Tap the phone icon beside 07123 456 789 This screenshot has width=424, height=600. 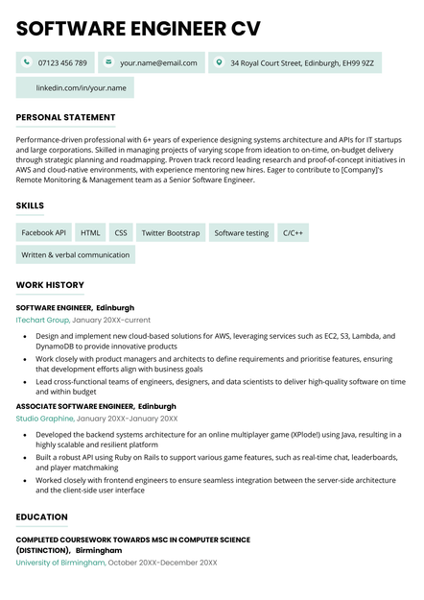tap(26, 62)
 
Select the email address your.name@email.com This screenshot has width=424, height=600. tap(158, 63)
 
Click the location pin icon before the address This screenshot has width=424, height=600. tap(219, 62)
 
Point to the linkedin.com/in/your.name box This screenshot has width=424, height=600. tap(75, 88)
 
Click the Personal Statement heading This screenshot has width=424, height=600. tap(65, 117)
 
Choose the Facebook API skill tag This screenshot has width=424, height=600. tap(44, 232)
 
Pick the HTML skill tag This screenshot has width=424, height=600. tap(90, 232)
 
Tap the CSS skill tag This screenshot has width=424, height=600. tap(121, 232)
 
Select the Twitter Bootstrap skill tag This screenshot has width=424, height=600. tap(171, 232)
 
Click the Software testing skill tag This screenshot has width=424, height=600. tap(242, 232)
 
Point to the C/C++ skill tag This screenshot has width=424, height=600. tap(293, 232)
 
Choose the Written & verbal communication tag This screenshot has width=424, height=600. tap(76, 255)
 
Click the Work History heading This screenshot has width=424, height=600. tap(50, 285)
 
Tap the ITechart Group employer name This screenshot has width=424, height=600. tap(42, 320)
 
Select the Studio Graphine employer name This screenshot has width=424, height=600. tap(45, 419)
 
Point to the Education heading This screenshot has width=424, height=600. tap(42, 517)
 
